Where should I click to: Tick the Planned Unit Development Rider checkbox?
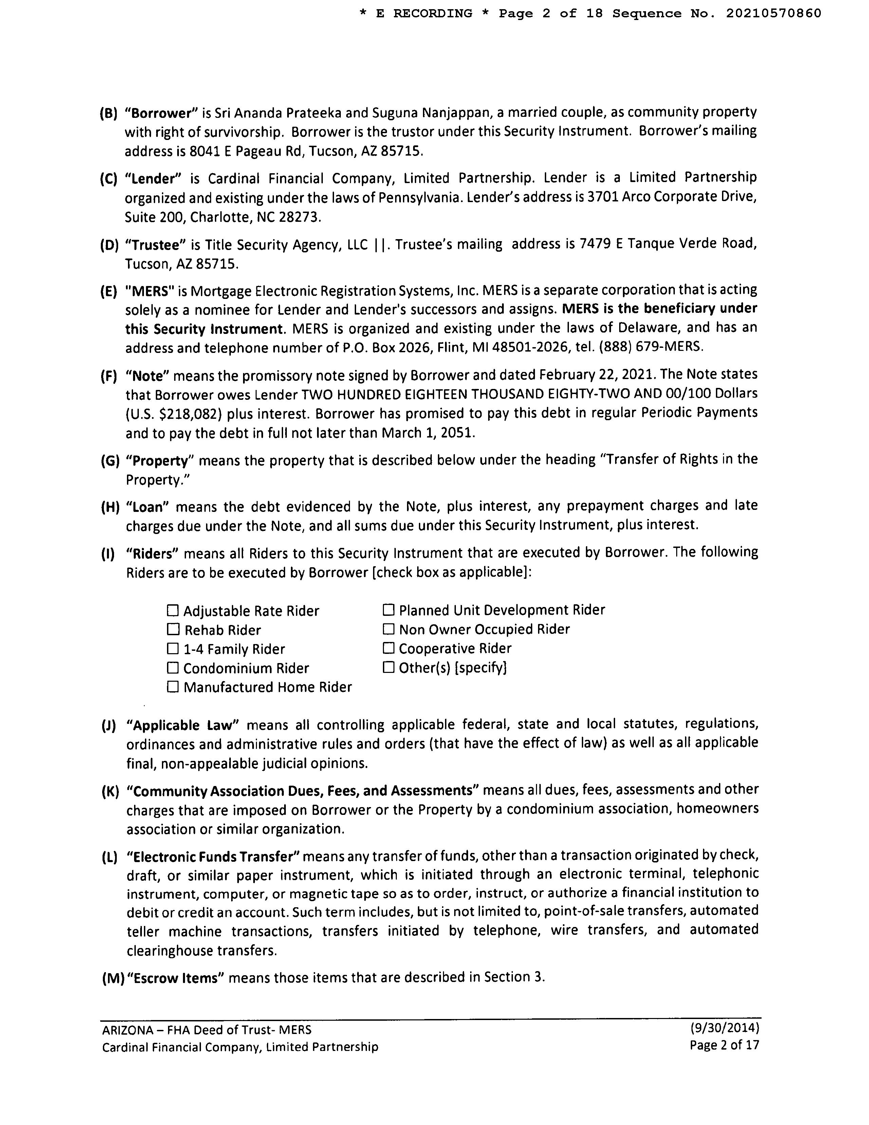coord(389,610)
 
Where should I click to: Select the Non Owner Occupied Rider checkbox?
coord(389,629)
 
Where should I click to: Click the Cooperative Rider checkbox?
coord(389,648)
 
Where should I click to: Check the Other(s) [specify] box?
coord(389,667)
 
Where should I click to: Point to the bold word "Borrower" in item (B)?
coord(162,113)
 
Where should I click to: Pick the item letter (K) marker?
coord(110,791)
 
